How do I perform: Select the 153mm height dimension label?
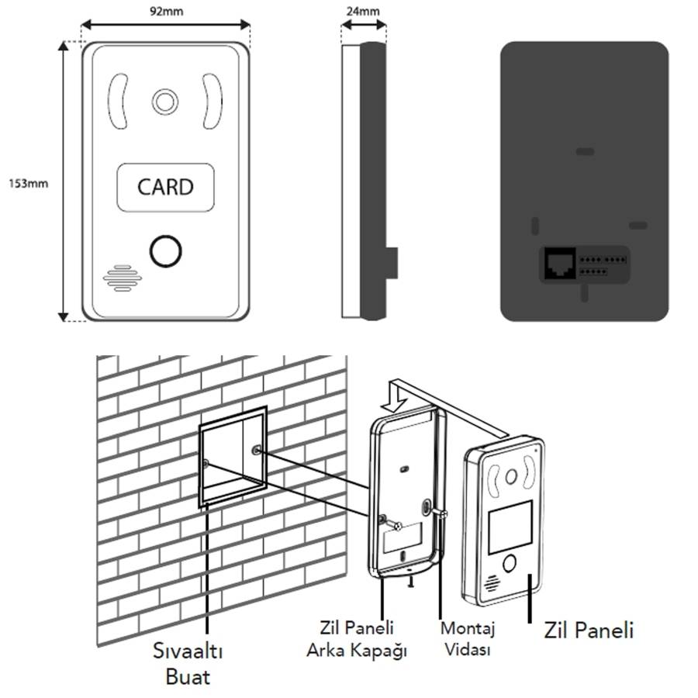pos(29,184)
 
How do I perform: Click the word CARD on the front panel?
pos(164,187)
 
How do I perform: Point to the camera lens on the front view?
pos(164,101)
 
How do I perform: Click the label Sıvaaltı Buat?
pos(187,663)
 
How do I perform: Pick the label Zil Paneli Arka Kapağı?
pos(356,638)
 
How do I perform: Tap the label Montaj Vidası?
pos(468,638)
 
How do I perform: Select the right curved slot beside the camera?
pos(212,101)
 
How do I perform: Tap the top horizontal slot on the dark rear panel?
pos(586,151)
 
